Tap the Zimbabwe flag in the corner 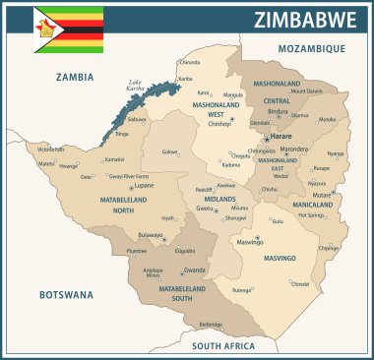pos(68,30)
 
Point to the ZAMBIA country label pos(74,76)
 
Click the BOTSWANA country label pos(65,294)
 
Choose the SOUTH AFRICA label pos(224,346)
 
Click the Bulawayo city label pos(151,235)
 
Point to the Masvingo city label pos(251,241)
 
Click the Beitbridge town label pos(211,323)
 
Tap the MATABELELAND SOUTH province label pos(180,293)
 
